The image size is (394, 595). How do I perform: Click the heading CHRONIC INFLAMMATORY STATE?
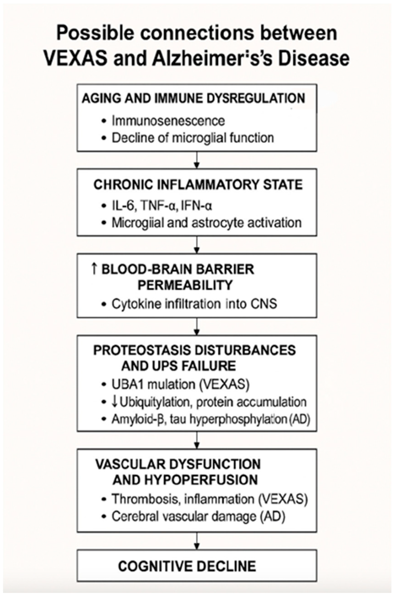click(198, 185)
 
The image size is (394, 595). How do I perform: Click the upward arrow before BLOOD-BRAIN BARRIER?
click(94, 269)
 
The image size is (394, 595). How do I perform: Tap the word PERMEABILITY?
click(185, 285)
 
